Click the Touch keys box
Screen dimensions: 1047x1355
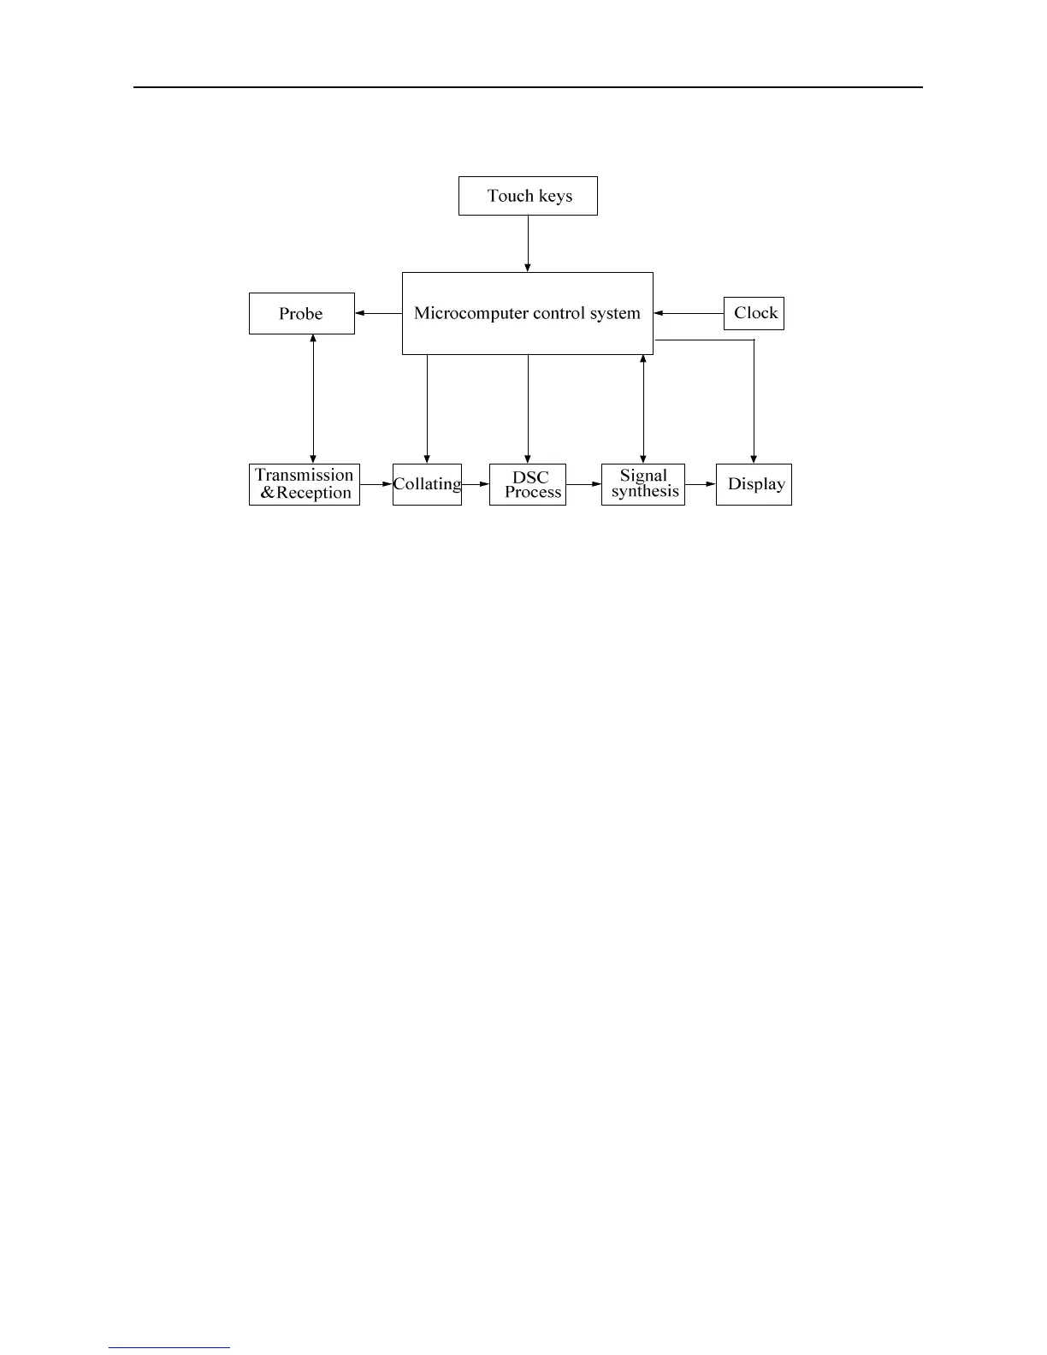(528, 196)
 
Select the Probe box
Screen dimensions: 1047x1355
(301, 313)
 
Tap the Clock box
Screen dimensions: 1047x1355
(754, 313)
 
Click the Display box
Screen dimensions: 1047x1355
(754, 484)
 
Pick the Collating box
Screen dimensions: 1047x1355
(427, 484)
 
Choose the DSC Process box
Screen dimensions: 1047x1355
(528, 484)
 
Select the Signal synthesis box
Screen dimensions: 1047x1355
(643, 484)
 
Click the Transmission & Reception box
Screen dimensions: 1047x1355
(305, 484)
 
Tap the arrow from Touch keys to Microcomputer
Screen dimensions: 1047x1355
(528, 244)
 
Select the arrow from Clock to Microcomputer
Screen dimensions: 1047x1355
(689, 314)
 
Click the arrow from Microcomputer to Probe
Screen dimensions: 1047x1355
(378, 313)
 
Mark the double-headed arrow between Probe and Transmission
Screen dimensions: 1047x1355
(313, 399)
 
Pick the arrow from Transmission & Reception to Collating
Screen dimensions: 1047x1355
(376, 484)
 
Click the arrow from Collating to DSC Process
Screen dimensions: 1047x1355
(476, 484)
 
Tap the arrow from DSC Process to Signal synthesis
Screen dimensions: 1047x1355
(583, 484)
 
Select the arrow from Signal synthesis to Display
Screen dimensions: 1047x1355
(701, 484)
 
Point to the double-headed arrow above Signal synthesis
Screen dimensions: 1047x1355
(643, 409)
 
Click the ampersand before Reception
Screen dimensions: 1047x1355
(268, 493)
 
